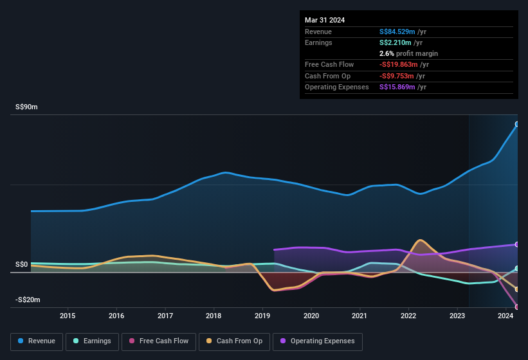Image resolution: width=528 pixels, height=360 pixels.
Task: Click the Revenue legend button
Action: [37, 341]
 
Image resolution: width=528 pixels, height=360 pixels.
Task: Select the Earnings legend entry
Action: [93, 341]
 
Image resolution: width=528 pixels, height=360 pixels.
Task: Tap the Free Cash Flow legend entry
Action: [159, 341]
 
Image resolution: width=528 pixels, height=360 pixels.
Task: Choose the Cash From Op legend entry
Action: [233, 341]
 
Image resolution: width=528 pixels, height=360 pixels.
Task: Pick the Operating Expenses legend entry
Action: [318, 341]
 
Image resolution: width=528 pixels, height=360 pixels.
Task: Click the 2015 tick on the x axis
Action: [68, 316]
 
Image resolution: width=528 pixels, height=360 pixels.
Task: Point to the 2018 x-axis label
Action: [214, 316]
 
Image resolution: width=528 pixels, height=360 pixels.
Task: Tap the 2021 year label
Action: [360, 316]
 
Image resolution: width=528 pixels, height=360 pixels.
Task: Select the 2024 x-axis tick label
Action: [505, 316]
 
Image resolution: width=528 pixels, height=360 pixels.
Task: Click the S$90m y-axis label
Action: [26, 107]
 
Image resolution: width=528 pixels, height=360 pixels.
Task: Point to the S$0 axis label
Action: [22, 265]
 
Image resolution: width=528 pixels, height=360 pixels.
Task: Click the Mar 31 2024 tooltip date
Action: [325, 20]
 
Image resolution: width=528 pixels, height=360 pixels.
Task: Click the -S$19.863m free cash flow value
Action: [399, 64]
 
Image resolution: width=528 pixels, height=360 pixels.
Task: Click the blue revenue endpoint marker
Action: [517, 124]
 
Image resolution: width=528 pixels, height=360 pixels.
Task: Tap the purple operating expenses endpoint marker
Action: [517, 244]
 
